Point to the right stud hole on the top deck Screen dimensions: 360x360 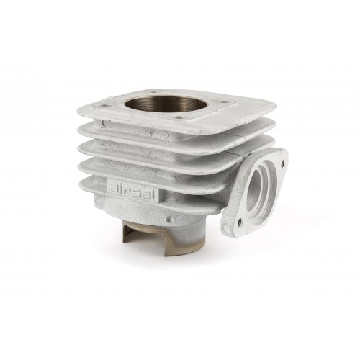pos(225,102)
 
